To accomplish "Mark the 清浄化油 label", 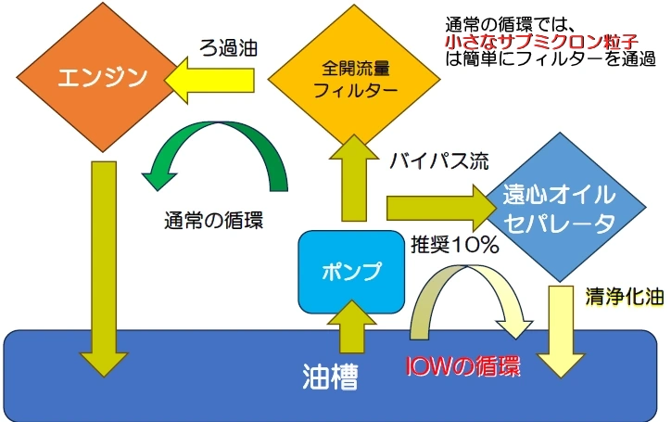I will [621, 297].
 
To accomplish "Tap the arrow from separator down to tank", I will [562, 330].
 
